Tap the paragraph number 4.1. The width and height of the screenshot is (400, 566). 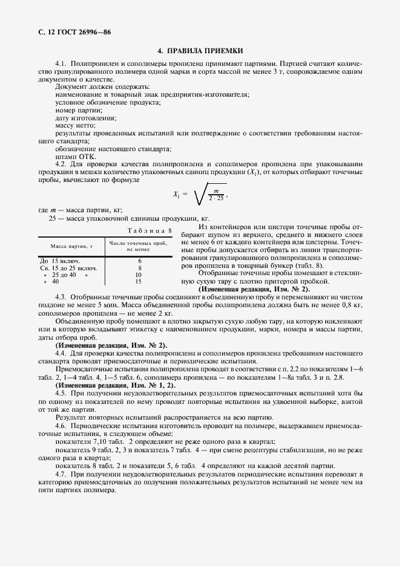tap(61, 63)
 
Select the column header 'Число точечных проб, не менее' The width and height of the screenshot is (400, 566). tap(139, 246)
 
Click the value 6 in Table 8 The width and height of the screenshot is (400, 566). tap(139, 261)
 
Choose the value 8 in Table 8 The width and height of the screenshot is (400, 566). tap(139, 267)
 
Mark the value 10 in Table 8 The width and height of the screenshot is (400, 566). tap(139, 275)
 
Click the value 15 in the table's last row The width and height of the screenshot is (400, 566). tap(139, 281)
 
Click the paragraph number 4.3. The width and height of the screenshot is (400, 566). tap(61, 299)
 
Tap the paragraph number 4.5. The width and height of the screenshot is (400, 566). tap(61, 392)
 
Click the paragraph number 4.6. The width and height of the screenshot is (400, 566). tap(61, 426)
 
